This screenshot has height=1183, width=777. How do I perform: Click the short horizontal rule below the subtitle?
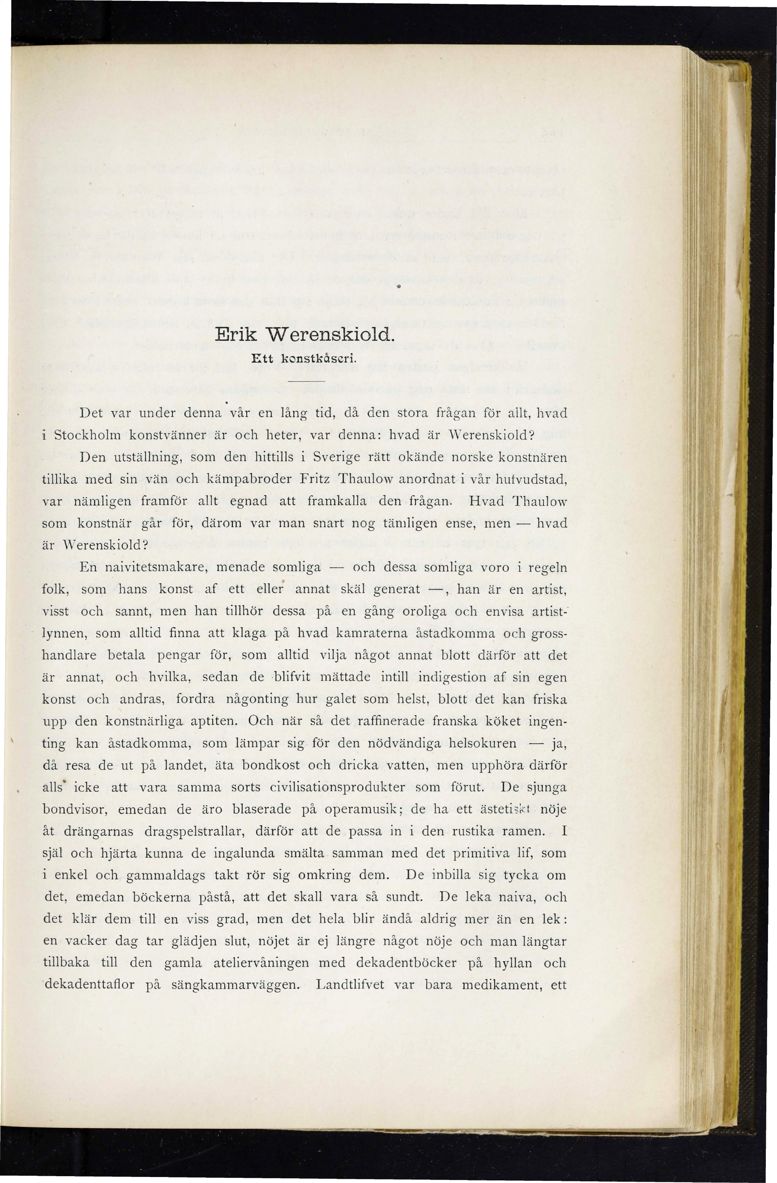tap(306, 380)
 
